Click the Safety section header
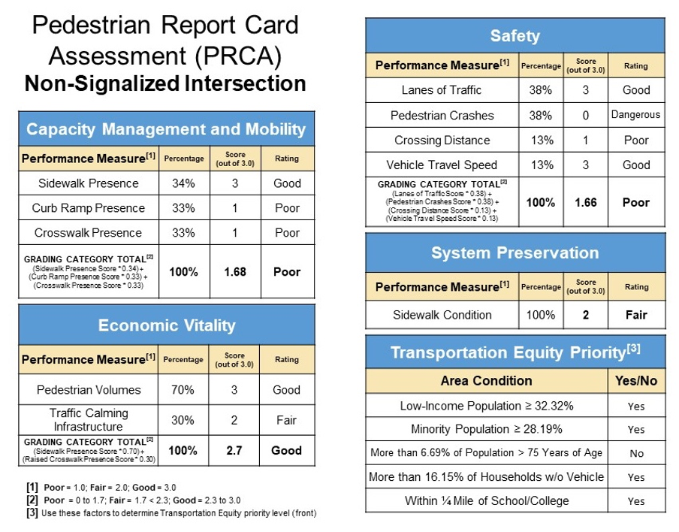click(x=515, y=35)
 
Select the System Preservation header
click(x=515, y=252)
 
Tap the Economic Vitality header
click(x=166, y=325)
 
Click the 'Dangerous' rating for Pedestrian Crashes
click(x=635, y=115)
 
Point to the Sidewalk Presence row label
click(x=89, y=183)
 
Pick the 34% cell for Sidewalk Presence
click(x=184, y=183)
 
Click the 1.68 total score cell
click(x=235, y=271)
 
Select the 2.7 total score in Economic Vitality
click(x=235, y=450)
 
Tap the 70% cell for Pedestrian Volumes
click(x=183, y=390)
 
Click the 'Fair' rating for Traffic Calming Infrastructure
click(x=286, y=420)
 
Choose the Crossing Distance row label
click(x=442, y=141)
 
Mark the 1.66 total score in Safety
click(x=586, y=202)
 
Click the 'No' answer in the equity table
click(x=636, y=453)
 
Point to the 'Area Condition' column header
click(x=486, y=381)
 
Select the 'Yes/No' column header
click(x=636, y=381)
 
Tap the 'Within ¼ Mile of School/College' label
click(x=487, y=500)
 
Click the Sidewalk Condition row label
click(x=442, y=315)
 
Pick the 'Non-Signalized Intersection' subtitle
click(x=165, y=83)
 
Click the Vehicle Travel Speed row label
click(x=442, y=165)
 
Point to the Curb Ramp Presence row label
click(x=89, y=208)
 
